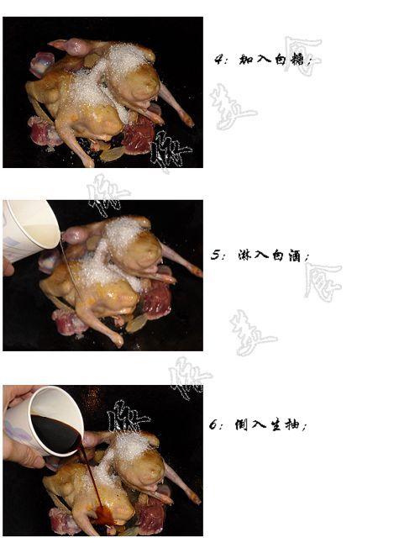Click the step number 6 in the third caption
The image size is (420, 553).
[x=214, y=424]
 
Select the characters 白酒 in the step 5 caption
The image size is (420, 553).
[x=290, y=255]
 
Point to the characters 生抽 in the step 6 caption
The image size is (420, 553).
[x=287, y=425]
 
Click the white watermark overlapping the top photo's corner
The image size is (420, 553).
[x=172, y=151]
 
